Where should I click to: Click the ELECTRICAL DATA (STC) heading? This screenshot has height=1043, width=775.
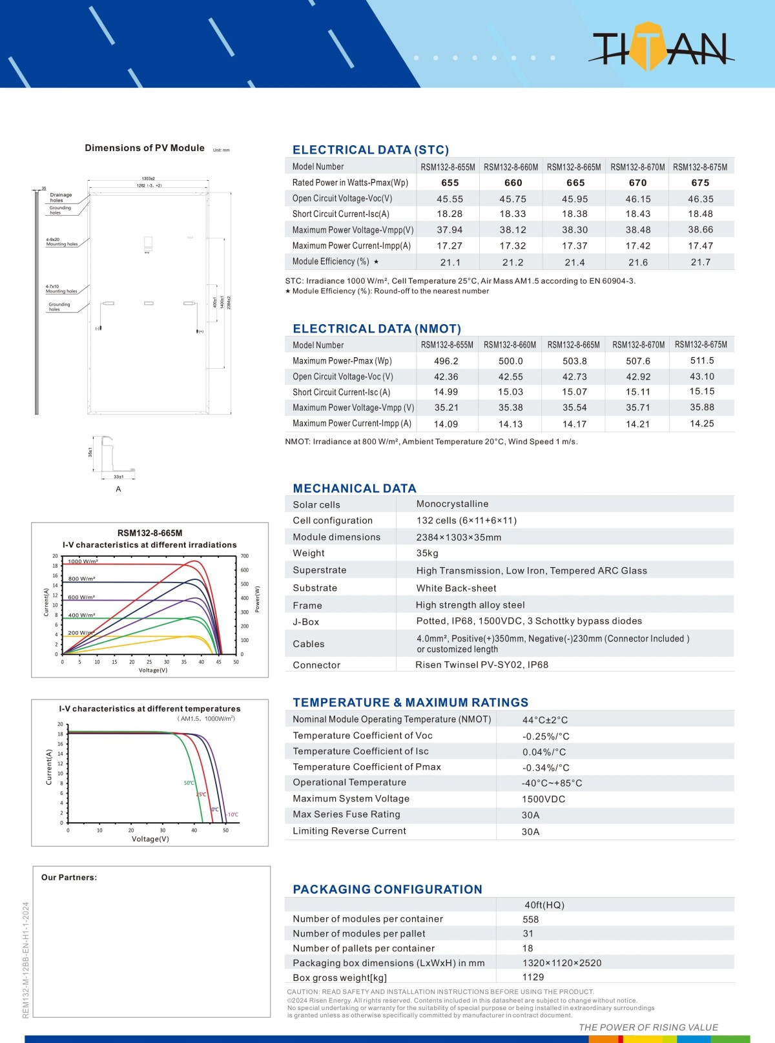[x=371, y=150]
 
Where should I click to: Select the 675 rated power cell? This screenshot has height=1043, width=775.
[x=700, y=183]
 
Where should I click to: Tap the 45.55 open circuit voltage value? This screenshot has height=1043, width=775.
[x=449, y=199]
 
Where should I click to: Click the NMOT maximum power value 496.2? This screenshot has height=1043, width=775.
[x=446, y=361]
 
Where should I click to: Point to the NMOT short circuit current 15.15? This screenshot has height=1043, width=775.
[x=701, y=391]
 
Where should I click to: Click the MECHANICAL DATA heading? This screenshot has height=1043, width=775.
[x=355, y=488]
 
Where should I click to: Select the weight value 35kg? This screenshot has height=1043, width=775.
[x=428, y=553]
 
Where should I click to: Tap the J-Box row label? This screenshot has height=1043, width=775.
[x=306, y=622]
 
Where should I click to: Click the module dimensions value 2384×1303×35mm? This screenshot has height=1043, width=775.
[x=459, y=537]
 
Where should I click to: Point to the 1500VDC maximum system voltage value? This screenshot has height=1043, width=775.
[x=543, y=799]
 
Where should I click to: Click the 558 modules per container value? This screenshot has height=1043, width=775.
[x=530, y=919]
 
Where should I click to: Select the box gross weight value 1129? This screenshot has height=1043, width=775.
[x=533, y=977]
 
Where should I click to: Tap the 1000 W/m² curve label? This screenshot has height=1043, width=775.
[x=83, y=561]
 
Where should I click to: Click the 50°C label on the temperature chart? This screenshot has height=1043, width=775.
[x=189, y=783]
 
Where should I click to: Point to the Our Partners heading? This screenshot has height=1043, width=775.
[x=69, y=877]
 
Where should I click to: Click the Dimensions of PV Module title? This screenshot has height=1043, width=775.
[x=145, y=148]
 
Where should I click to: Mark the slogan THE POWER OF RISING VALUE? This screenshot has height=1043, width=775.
[x=648, y=1027]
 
